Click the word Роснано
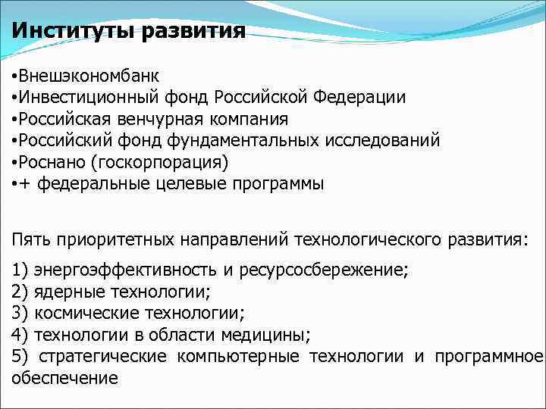coord(50,161)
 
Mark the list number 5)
coord(20,356)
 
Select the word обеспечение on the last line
coord(65,377)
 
